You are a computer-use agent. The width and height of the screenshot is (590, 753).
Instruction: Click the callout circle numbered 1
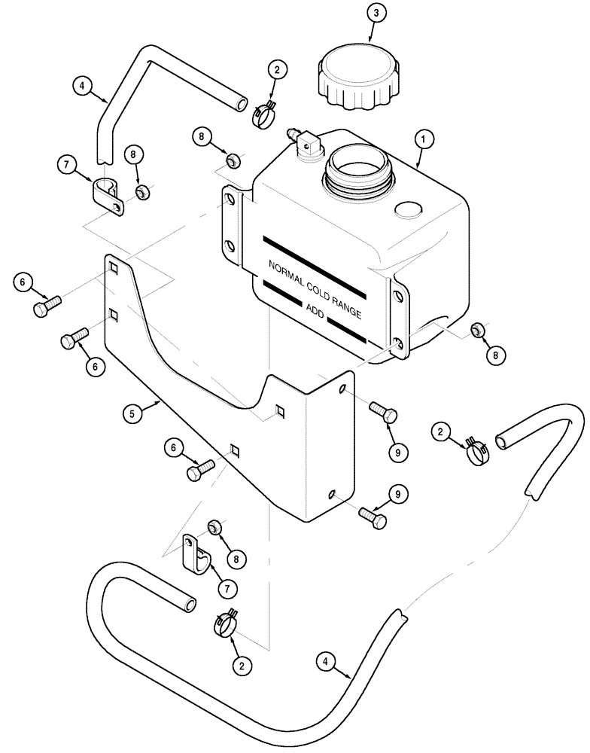(424, 139)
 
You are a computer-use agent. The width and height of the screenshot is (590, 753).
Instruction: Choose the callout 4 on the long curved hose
(326, 662)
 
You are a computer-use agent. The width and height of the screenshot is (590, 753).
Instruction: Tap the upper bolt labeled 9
(384, 413)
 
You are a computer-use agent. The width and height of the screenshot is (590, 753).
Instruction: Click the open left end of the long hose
(188, 605)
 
